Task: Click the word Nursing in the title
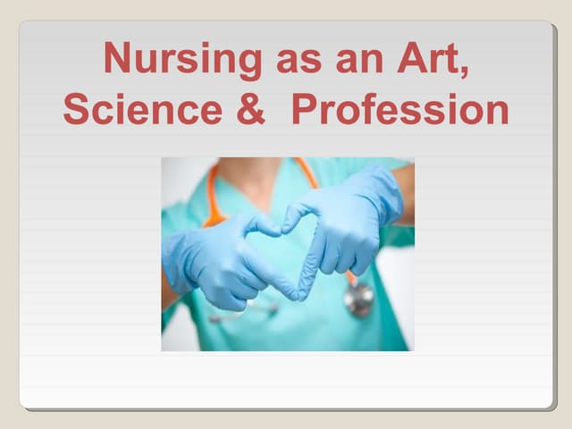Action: pos(183,59)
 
